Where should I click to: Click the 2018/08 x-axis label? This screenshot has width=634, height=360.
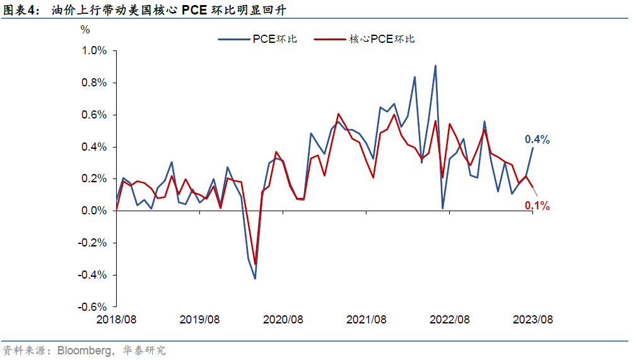(117, 320)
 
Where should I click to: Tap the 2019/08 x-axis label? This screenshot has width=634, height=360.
(200, 320)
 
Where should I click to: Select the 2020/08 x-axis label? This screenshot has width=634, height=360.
(283, 320)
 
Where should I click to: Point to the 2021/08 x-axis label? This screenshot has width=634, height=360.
(367, 320)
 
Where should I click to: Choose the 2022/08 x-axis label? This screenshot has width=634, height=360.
(450, 320)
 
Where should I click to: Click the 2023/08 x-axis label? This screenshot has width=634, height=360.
(533, 320)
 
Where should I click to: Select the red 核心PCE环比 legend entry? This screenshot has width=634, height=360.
(382, 39)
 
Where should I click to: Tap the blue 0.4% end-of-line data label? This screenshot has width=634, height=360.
(537, 140)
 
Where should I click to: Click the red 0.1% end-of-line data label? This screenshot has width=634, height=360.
(537, 206)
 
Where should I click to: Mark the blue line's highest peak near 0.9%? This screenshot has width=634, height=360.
(435, 65)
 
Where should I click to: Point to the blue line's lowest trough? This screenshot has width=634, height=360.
(255, 279)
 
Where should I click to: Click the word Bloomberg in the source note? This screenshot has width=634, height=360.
(81, 350)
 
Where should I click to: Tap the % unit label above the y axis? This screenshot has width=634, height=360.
(85, 30)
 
